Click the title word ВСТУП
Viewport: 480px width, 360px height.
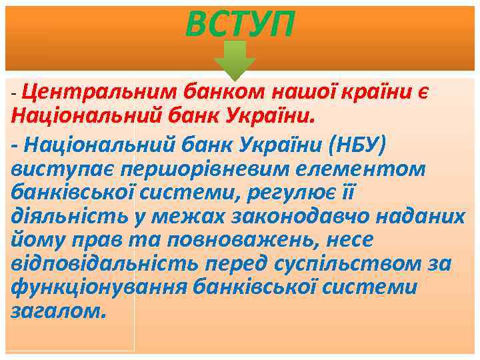(x=239, y=25)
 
